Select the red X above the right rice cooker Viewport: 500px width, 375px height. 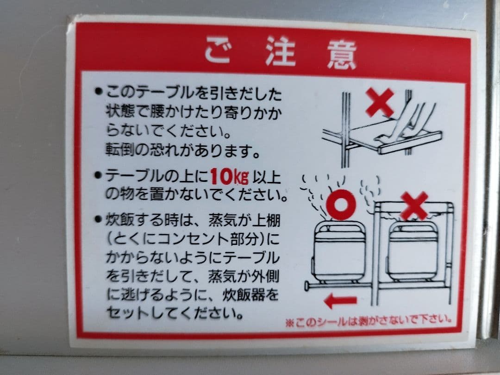point(414,205)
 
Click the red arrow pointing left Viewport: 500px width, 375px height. point(340,302)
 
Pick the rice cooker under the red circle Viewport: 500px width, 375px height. point(338,252)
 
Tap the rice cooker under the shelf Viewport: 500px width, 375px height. point(412,252)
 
